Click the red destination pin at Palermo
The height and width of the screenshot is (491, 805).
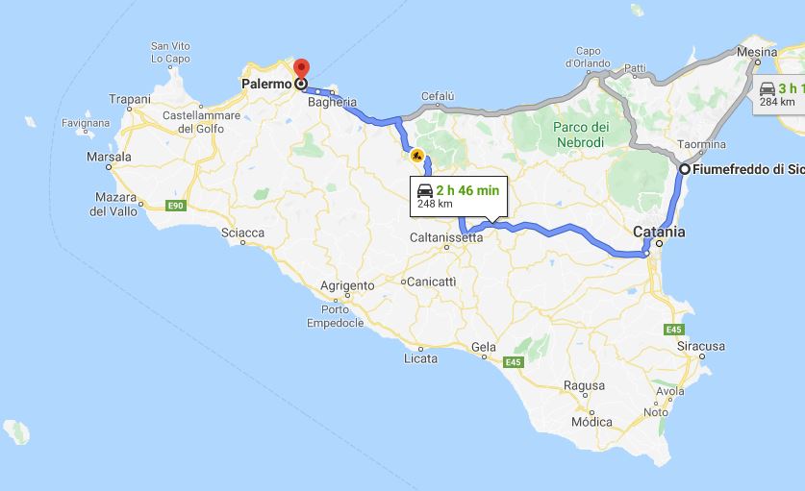tap(300, 70)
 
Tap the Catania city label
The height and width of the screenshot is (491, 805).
tap(659, 232)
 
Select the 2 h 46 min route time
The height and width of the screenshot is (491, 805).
tap(466, 190)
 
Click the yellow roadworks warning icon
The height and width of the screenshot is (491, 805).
tap(417, 154)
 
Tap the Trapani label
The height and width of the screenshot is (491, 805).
tap(130, 99)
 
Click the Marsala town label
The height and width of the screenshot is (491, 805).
tap(109, 157)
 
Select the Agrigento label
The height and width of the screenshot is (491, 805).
tap(346, 285)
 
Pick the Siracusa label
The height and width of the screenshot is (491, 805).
tap(700, 345)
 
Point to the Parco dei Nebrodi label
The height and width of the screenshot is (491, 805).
tap(580, 135)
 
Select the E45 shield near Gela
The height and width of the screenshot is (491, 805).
tap(513, 362)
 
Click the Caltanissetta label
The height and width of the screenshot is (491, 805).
tap(445, 237)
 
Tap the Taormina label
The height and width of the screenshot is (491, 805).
tap(701, 144)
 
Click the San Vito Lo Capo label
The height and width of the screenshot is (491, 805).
tap(171, 52)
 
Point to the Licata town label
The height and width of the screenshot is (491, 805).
tap(420, 358)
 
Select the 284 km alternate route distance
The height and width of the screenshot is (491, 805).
tap(777, 102)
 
